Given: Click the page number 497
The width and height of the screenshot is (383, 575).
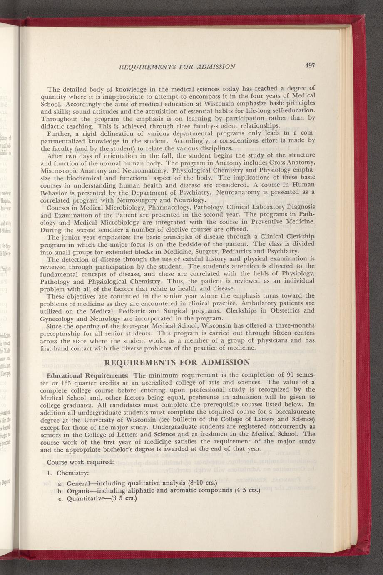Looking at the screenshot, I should point(310,65).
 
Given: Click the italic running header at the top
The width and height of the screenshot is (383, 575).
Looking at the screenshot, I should point(177,66).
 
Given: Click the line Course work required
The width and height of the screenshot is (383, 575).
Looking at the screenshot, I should point(80,462).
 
